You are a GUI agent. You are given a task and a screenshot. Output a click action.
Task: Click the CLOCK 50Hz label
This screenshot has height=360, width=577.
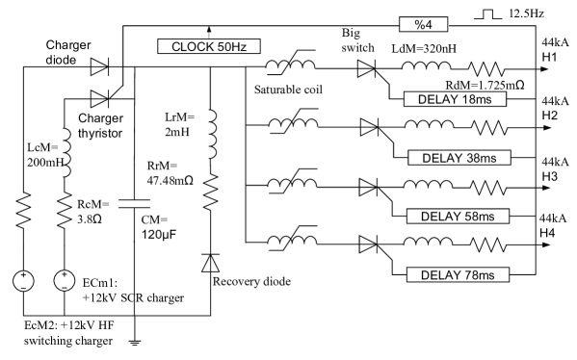(x=209, y=46)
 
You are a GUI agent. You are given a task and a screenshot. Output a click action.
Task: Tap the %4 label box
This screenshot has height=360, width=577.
(x=424, y=24)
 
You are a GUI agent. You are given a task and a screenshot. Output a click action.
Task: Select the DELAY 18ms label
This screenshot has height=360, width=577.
(x=455, y=99)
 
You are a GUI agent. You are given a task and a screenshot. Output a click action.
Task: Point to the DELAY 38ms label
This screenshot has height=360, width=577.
(x=459, y=158)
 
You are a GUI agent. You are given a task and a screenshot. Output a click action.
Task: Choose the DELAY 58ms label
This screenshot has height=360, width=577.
(x=458, y=217)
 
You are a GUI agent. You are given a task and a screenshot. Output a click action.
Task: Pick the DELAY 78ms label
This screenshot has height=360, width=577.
(x=458, y=275)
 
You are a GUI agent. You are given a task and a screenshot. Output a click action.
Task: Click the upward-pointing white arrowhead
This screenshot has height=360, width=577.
(x=210, y=264)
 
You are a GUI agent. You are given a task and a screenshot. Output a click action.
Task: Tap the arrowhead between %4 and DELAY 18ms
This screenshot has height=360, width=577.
(x=365, y=68)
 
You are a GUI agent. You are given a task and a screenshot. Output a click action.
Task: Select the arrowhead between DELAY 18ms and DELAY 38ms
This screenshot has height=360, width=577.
(x=367, y=127)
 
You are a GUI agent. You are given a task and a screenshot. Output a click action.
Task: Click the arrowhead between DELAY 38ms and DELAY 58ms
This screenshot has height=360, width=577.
(x=366, y=186)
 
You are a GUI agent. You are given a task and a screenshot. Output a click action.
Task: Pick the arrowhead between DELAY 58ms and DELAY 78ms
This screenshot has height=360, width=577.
(x=366, y=244)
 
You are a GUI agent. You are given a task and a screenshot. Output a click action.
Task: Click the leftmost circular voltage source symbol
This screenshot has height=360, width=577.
(x=23, y=281)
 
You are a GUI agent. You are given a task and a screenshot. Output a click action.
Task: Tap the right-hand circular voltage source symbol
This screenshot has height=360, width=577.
(x=64, y=281)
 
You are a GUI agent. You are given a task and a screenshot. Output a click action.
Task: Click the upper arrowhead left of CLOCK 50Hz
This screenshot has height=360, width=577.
(x=97, y=66)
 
